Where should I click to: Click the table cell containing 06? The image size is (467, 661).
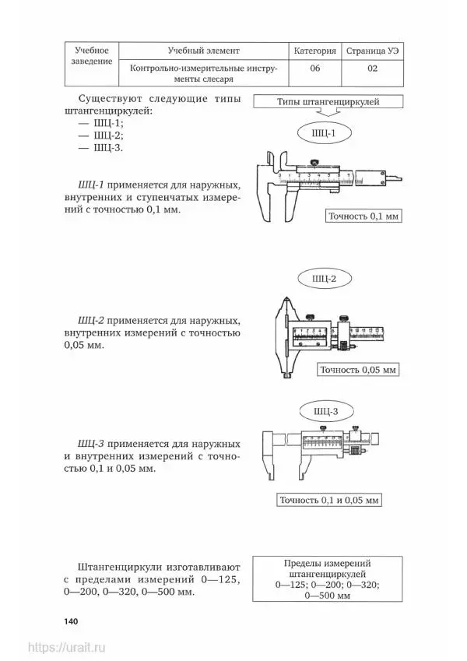click(x=315, y=68)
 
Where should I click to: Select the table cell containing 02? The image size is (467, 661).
click(x=372, y=68)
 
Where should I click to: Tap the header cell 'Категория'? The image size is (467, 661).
click(x=315, y=51)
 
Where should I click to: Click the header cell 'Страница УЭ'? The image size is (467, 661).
click(x=372, y=51)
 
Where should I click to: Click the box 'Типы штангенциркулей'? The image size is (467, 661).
click(x=339, y=102)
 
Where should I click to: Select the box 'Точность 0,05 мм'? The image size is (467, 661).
click(x=359, y=369)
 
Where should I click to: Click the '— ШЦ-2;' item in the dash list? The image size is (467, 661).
click(x=104, y=135)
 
